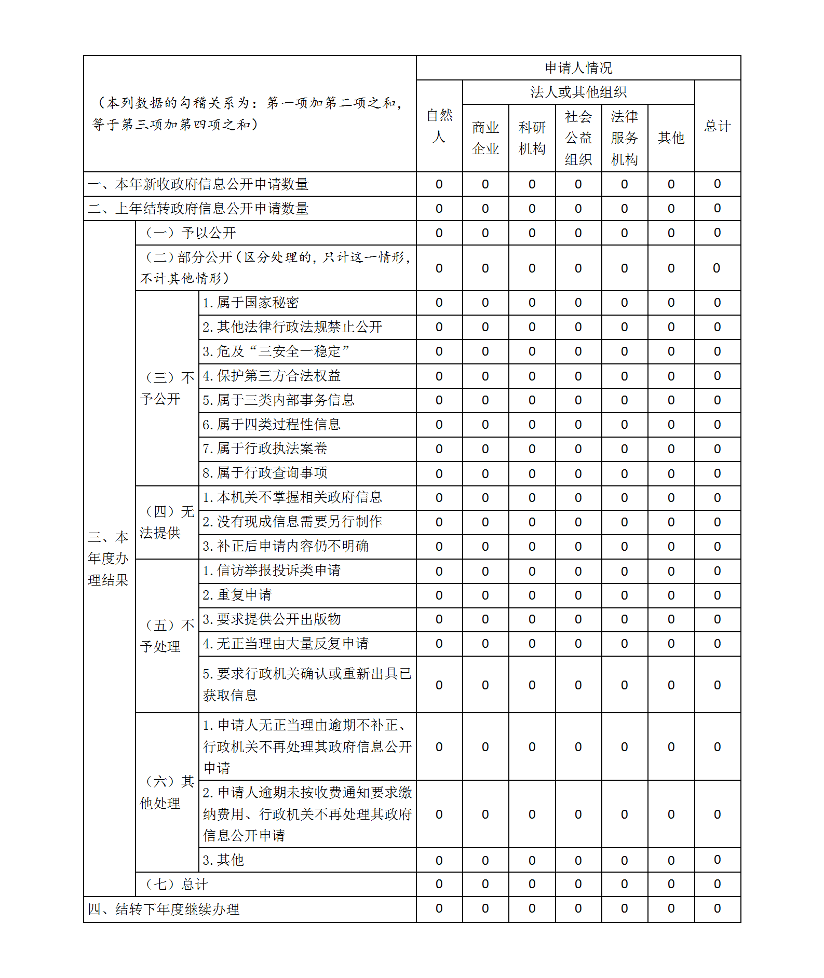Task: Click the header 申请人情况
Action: (578, 67)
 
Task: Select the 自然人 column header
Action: (439, 126)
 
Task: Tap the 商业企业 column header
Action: (485, 138)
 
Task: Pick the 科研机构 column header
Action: (532, 138)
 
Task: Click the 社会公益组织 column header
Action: (578, 138)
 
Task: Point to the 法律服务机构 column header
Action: (624, 138)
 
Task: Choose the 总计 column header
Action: (717, 126)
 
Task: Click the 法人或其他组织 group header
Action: (578, 92)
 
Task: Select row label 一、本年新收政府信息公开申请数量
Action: (198, 184)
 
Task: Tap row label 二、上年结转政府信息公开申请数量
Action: (198, 209)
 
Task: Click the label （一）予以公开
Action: (191, 233)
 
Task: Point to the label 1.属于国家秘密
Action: (251, 303)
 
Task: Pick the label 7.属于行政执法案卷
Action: (265, 449)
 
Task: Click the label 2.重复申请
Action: (237, 595)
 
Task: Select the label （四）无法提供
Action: (167, 522)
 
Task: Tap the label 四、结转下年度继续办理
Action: (164, 909)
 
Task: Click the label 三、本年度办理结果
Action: (109, 559)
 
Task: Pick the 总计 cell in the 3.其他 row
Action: (717, 860)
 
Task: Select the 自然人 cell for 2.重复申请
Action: (439, 595)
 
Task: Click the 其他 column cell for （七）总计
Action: (671, 884)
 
